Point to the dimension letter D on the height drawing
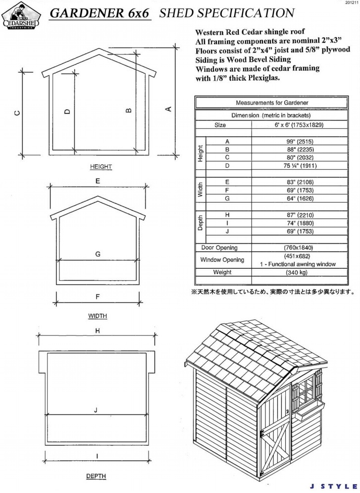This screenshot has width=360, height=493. pyautogui.click(x=67, y=111)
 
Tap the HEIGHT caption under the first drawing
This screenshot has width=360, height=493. pyautogui.click(x=101, y=167)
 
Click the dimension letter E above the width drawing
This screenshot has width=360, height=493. pyautogui.click(x=98, y=182)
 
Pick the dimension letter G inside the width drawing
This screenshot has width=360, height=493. pyautogui.click(x=98, y=254)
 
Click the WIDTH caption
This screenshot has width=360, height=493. pyautogui.click(x=98, y=315)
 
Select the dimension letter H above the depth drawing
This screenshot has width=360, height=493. pyautogui.click(x=97, y=330)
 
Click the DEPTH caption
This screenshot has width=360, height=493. pyautogui.click(x=96, y=476)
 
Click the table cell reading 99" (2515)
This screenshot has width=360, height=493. pyautogui.click(x=300, y=141)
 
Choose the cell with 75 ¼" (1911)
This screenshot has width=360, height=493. pyautogui.click(x=300, y=165)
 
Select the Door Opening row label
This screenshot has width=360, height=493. pyautogui.click(x=219, y=247)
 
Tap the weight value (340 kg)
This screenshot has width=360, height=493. pyautogui.click(x=300, y=272)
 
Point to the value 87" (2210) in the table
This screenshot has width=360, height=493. pyautogui.click(x=300, y=215)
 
